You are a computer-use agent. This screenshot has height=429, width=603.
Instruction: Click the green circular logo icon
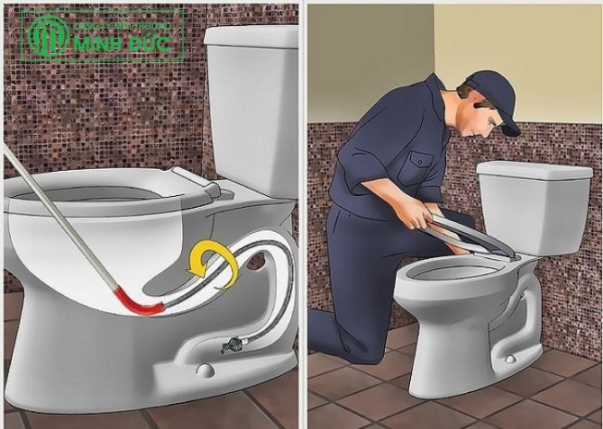tap(47, 35)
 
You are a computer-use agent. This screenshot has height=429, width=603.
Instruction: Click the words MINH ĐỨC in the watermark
tap(126, 44)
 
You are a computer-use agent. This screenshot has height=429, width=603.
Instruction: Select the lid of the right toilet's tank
tap(533, 170)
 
